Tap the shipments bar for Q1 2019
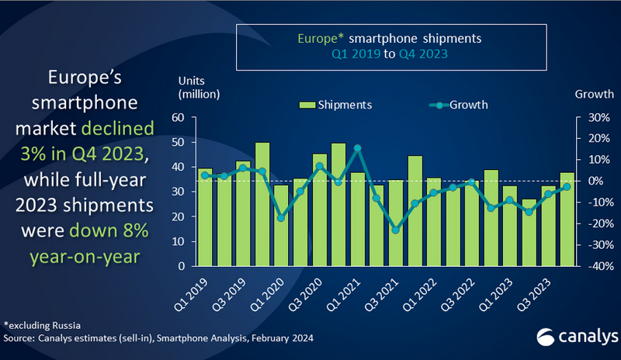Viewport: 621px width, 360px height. pos(205,217)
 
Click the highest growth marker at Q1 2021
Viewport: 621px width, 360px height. pos(357,147)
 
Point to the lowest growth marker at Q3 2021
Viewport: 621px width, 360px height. pos(395,230)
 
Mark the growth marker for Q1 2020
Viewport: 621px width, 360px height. pos(281,217)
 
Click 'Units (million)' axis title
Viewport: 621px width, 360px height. pos(199,88)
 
